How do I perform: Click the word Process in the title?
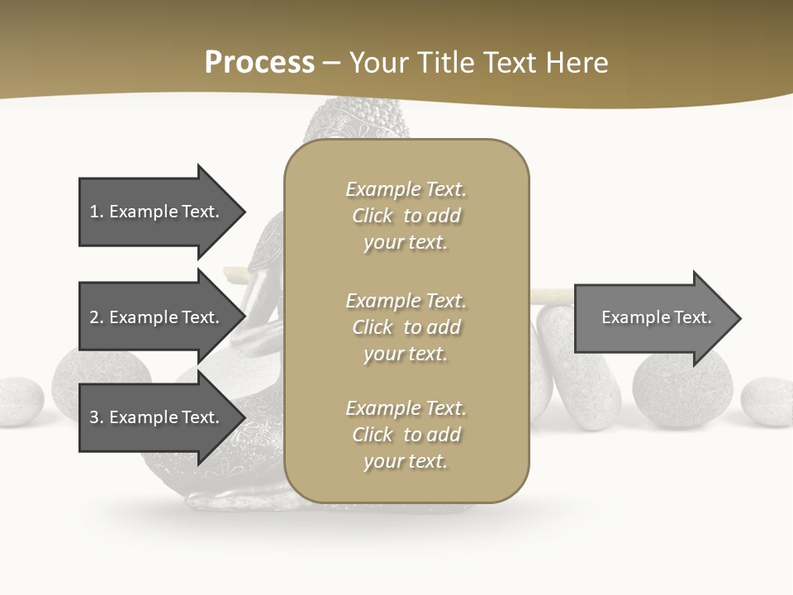pyautogui.click(x=259, y=63)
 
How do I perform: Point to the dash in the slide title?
pyautogui.click(x=331, y=64)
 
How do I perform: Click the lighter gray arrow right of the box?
pyautogui.click(x=653, y=318)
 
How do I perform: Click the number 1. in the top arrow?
pyautogui.click(x=97, y=212)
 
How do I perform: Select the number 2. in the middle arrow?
pyautogui.click(x=97, y=317)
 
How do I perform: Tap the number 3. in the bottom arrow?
pyautogui.click(x=97, y=417)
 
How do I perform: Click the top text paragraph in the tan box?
pyautogui.click(x=406, y=216)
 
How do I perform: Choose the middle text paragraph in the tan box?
pyautogui.click(x=406, y=327)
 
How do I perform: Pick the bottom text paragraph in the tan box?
pyautogui.click(x=406, y=435)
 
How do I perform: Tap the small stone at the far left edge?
pyautogui.click(x=18, y=402)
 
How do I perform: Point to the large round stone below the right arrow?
pyautogui.click(x=682, y=393)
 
